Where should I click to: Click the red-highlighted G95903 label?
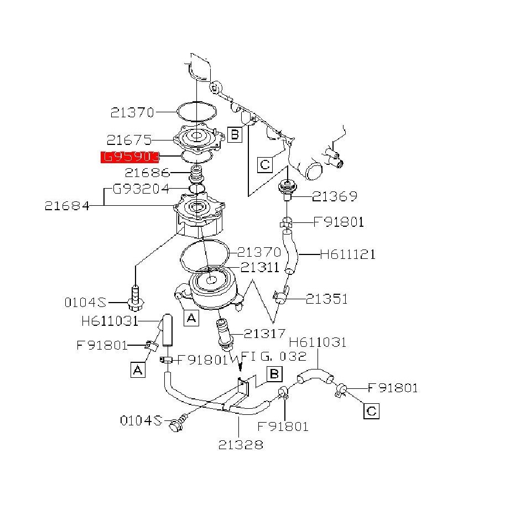[130, 157]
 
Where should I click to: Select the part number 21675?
[128, 140]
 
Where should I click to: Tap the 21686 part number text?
[147, 173]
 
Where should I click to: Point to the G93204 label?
[141, 189]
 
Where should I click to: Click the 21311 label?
[260, 268]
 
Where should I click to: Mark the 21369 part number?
[335, 196]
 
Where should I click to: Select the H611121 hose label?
[348, 254]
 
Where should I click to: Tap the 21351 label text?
[327, 299]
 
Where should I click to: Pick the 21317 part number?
[264, 333]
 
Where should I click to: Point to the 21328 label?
[240, 444]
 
